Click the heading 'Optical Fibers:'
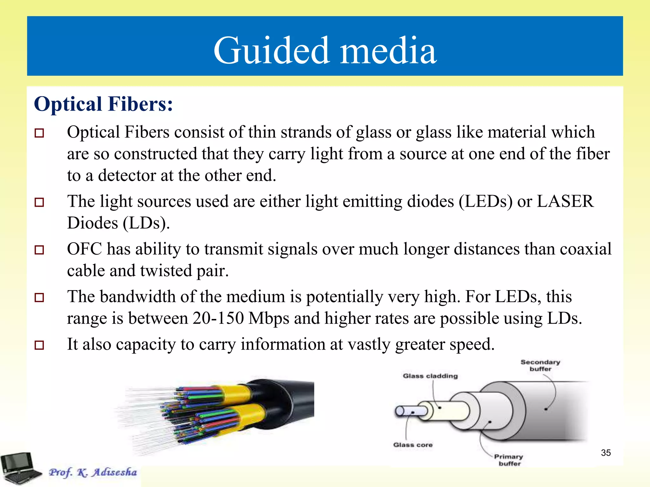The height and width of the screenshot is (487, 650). tap(103, 104)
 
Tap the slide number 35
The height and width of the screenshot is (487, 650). tap(606, 453)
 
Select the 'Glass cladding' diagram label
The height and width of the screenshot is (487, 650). tap(430, 376)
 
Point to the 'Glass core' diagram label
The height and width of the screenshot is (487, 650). tap(413, 445)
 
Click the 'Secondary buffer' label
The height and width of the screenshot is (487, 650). tap(540, 365)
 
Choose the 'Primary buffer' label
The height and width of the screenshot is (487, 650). tap(509, 460)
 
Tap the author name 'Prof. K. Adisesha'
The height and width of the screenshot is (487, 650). tap(93, 472)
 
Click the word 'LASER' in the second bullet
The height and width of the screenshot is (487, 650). tap(565, 201)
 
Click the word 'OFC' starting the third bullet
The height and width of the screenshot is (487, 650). tap(84, 249)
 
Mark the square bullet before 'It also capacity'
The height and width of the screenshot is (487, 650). tap(39, 345)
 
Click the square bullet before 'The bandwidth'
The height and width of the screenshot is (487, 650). tap(39, 297)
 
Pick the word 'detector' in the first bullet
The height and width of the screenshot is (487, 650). tap(127, 175)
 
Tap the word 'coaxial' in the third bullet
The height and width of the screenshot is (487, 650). tap(586, 249)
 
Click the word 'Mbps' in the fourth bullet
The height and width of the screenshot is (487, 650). tap(269, 319)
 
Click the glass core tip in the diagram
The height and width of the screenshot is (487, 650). tap(400, 411)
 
